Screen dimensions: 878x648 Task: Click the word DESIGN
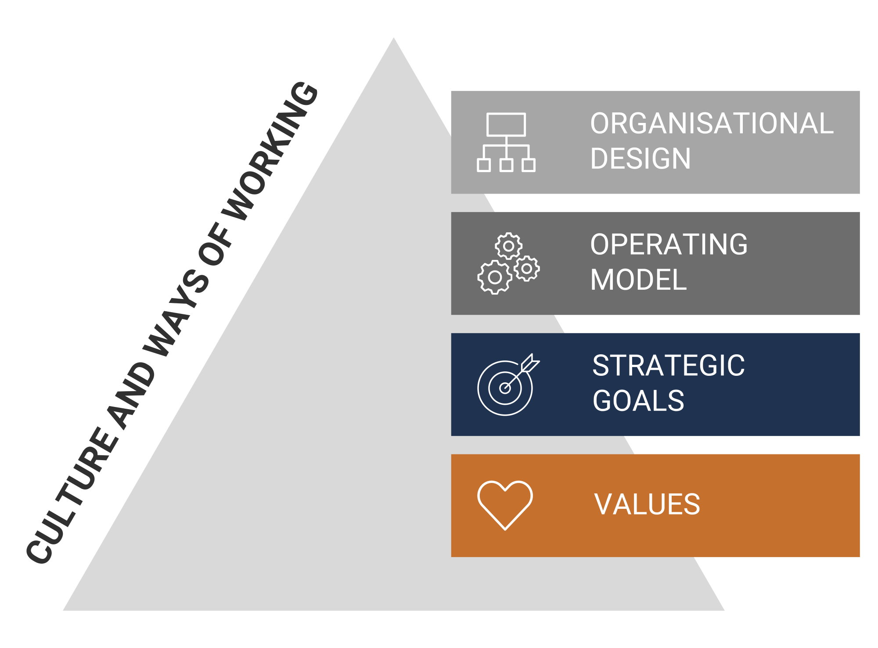(x=641, y=158)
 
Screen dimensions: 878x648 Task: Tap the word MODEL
(x=639, y=280)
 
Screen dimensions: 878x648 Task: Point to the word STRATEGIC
(x=669, y=365)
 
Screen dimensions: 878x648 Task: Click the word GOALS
(x=638, y=401)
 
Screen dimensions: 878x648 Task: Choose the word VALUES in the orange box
(x=647, y=504)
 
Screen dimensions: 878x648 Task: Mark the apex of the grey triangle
(x=393, y=38)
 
